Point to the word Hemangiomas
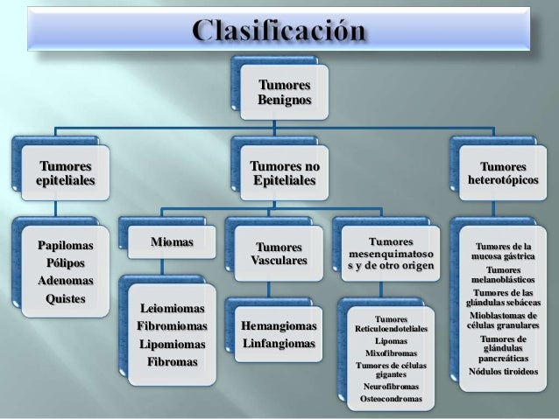click(278, 327)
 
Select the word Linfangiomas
click(278, 345)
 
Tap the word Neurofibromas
click(390, 386)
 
